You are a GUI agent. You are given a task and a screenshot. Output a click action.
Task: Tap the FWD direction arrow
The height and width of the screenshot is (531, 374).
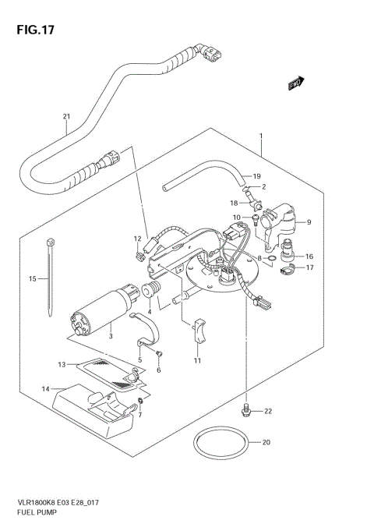click(x=295, y=83)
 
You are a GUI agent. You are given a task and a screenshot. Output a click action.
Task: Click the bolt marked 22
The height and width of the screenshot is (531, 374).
click(x=246, y=409)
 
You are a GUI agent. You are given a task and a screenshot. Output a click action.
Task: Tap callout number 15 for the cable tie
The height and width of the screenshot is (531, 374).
click(x=33, y=278)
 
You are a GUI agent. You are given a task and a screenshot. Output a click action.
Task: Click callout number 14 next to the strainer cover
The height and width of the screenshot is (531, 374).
click(x=45, y=388)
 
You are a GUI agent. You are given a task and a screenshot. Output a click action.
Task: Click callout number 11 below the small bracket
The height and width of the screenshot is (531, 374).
click(x=196, y=361)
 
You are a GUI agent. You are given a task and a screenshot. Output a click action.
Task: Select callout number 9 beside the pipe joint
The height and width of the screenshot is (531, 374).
click(x=309, y=222)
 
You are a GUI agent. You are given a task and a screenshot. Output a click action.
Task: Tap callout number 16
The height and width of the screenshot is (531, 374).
click(x=309, y=256)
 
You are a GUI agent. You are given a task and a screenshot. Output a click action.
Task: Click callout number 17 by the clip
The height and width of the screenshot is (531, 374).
click(x=309, y=268)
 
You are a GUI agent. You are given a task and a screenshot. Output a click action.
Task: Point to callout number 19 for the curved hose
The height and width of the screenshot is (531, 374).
click(x=256, y=175)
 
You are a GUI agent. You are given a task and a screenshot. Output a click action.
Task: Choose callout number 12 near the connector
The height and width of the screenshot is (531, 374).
click(x=137, y=239)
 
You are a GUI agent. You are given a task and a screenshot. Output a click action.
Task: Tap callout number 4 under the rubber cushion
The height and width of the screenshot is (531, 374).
click(x=150, y=312)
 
